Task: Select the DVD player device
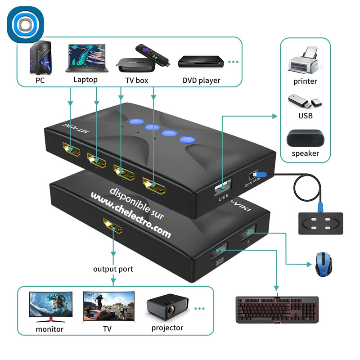(201, 62)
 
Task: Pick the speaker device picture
(306, 138)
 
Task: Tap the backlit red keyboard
(278, 309)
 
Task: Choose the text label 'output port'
(113, 269)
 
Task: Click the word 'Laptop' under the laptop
(85, 80)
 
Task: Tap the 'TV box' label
(137, 81)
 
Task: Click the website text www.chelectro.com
(130, 215)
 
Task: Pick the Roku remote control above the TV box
(153, 54)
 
